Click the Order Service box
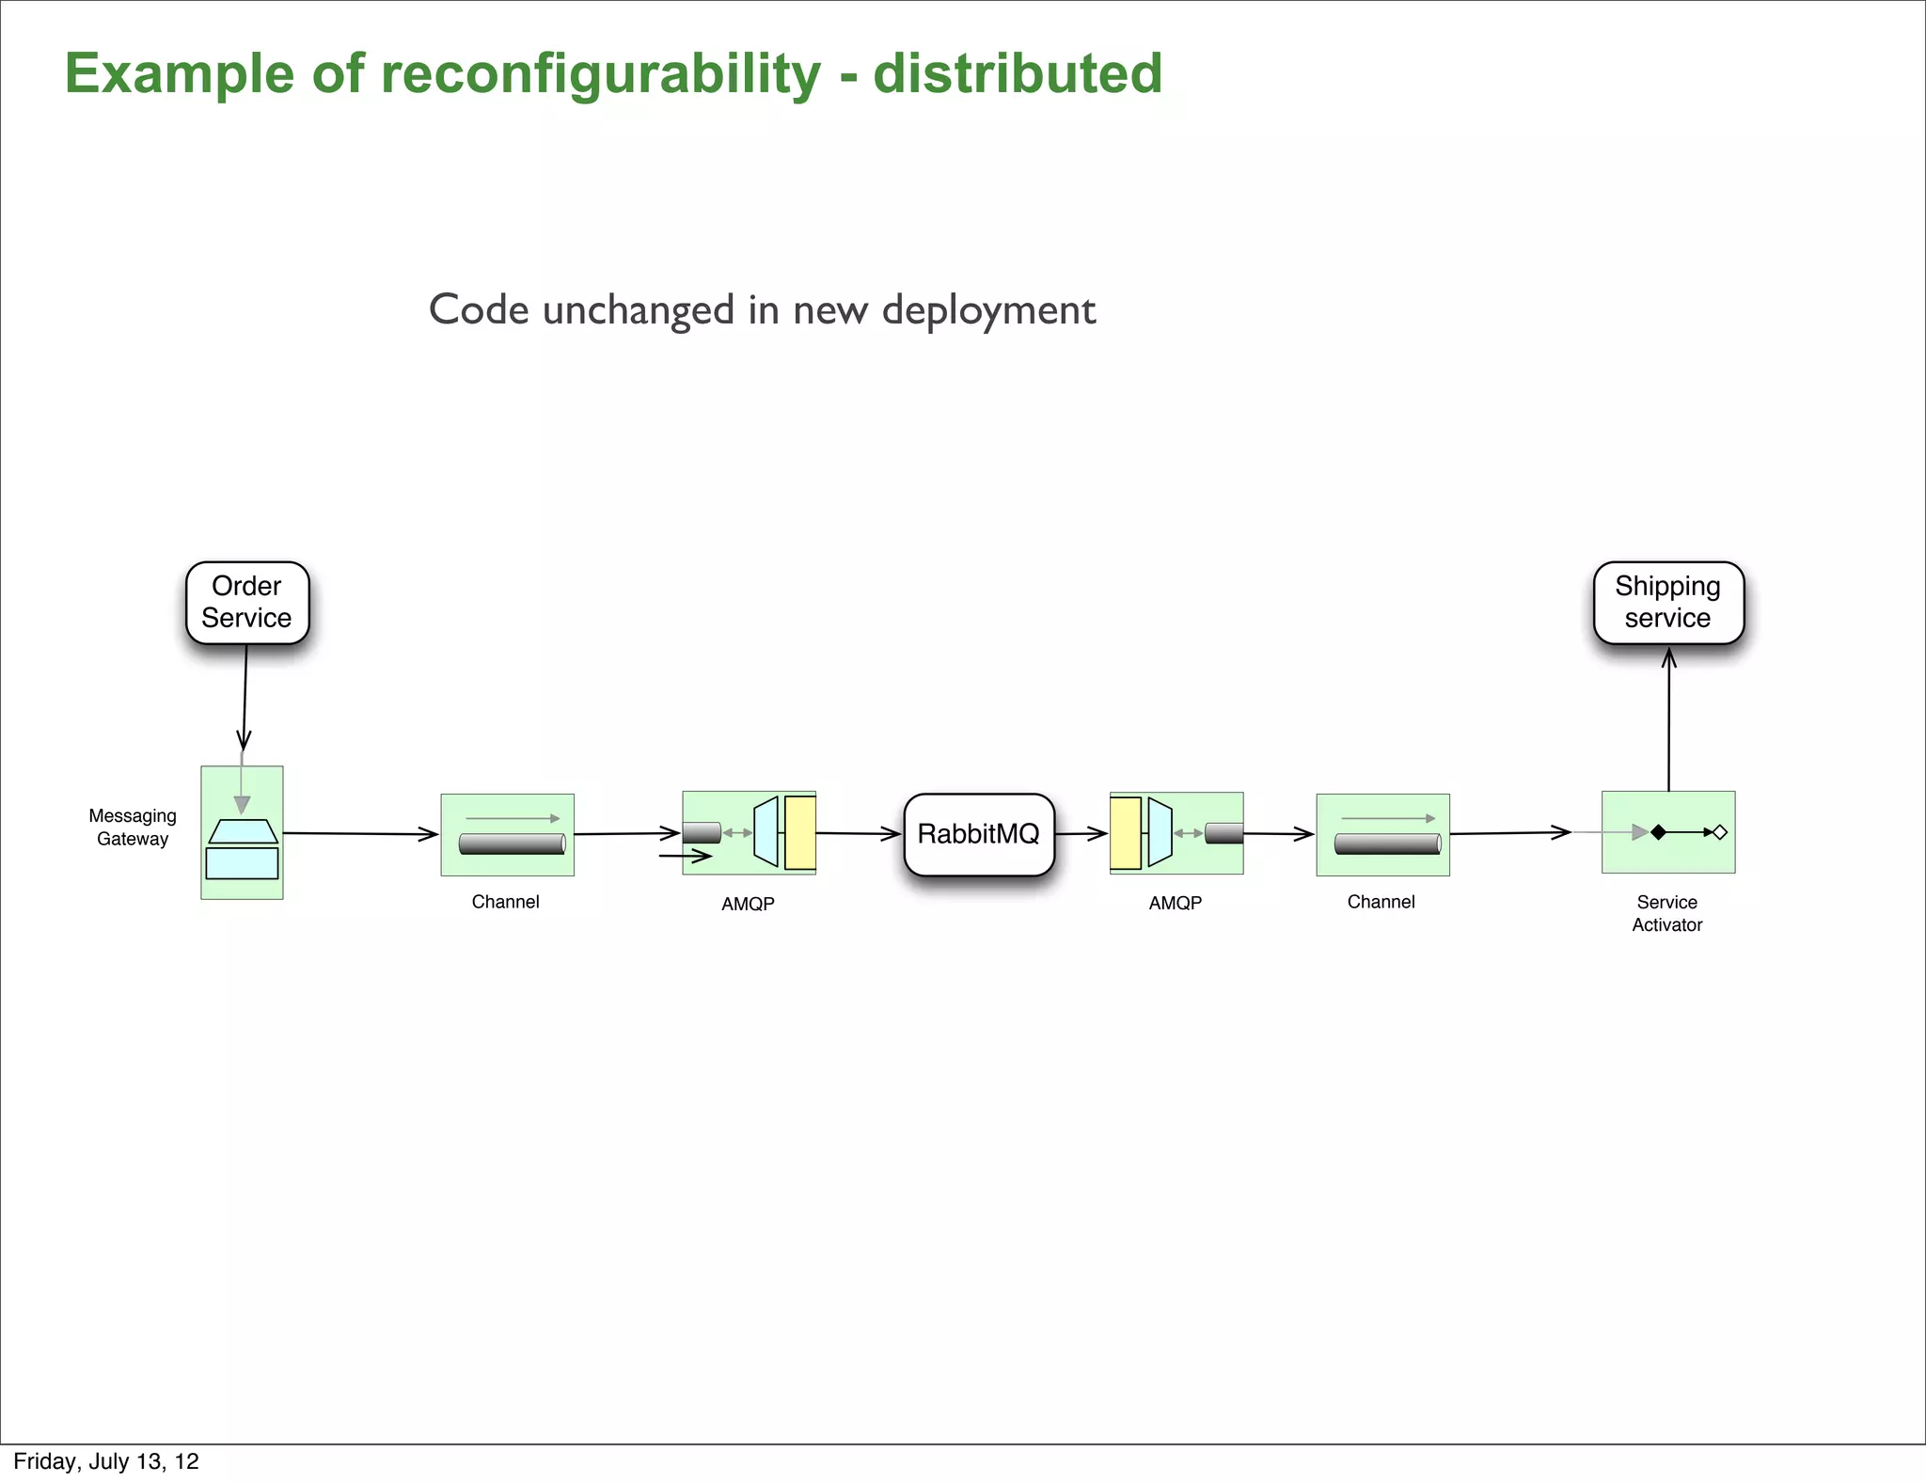(247, 603)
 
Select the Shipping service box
(1667, 603)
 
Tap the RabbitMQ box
(978, 834)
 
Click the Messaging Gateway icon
(242, 833)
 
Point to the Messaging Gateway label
(133, 828)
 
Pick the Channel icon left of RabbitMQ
(508, 835)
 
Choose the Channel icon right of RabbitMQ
(1382, 835)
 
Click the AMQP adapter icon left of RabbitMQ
(749, 833)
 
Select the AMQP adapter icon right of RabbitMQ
(1176, 833)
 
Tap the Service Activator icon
(1667, 832)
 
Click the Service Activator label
(1666, 913)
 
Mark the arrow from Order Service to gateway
(245, 696)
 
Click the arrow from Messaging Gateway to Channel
(360, 833)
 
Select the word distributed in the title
(1018, 73)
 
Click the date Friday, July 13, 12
(106, 1461)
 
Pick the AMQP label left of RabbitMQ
(748, 904)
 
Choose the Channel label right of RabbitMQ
(1381, 902)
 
